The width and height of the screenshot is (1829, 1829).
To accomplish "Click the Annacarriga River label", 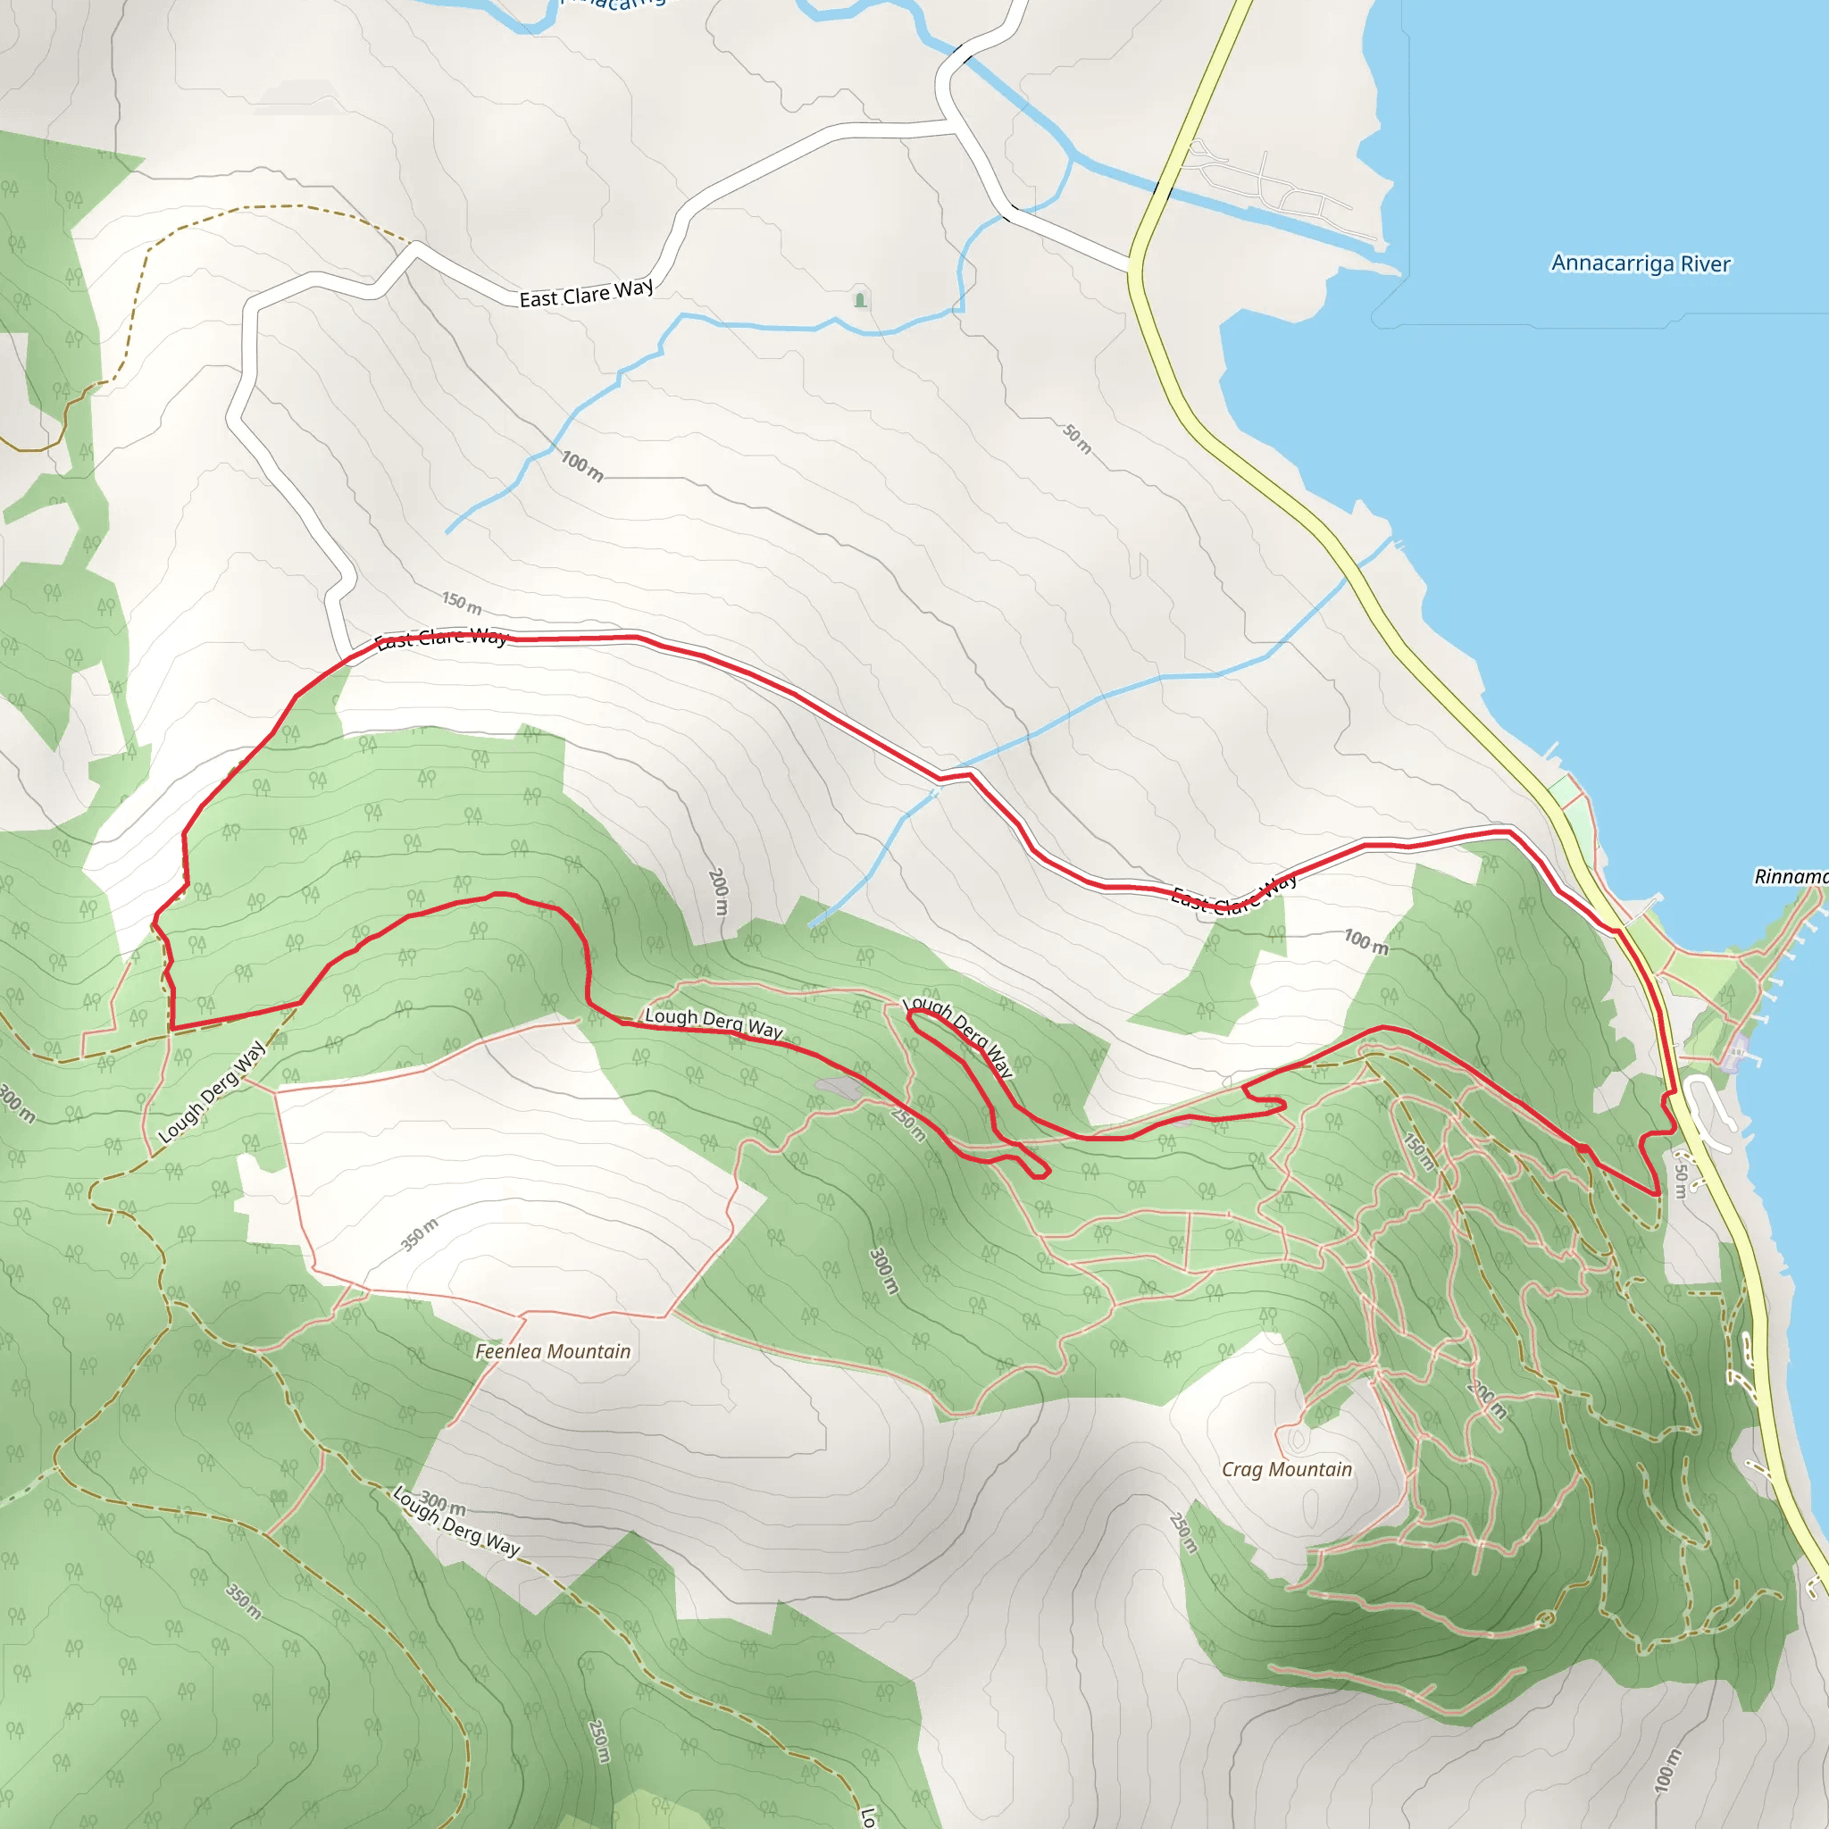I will coord(1640,263).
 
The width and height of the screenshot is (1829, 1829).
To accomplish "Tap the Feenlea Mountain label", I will coord(553,1352).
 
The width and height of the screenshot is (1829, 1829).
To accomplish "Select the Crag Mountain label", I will coord(1287,1469).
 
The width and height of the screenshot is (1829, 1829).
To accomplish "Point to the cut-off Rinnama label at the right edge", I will coord(1791,877).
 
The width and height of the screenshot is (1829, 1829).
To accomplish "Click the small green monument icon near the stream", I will coord(860,300).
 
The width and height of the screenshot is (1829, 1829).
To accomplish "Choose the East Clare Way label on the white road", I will coord(586,294).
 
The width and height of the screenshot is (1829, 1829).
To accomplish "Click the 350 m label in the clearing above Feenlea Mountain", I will coord(420,1234).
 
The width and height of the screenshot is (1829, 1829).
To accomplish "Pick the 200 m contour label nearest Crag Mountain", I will coord(1486,1400).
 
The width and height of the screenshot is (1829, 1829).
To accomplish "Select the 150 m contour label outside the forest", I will coord(462,602).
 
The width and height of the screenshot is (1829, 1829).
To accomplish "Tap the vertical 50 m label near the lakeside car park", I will coord(1681,1179).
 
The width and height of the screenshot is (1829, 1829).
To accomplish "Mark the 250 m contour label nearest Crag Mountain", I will coord(1183,1533).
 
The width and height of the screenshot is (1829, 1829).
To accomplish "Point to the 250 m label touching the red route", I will coord(908,1123).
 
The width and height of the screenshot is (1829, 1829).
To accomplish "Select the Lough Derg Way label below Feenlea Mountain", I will coord(456,1520).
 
